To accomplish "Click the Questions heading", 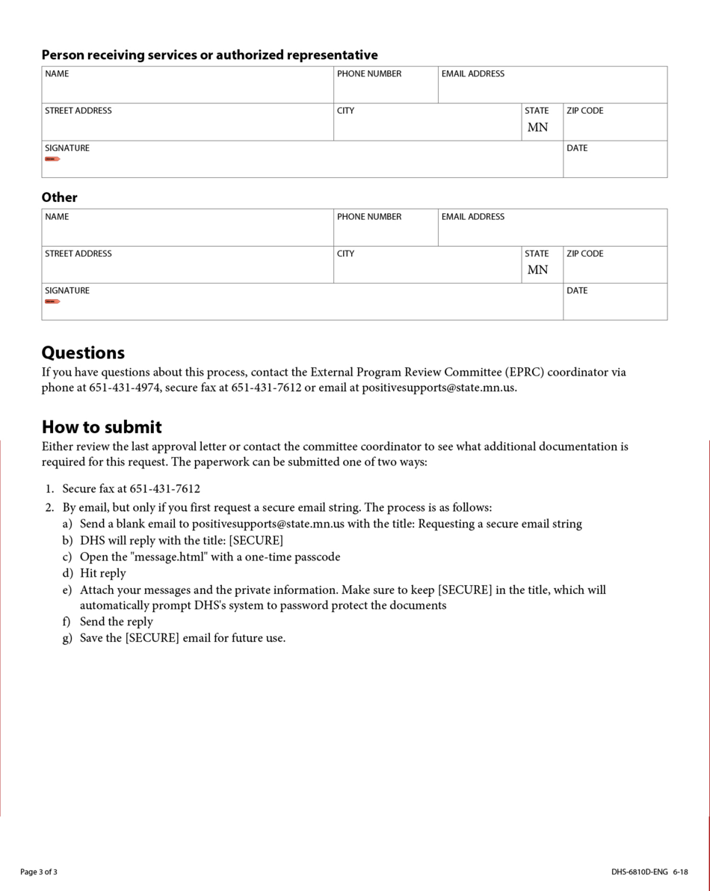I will (x=83, y=353).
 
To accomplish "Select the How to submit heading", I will (x=102, y=427).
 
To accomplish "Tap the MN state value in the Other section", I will (x=537, y=270).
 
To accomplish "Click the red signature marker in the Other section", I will (x=52, y=301).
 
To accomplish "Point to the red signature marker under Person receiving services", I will (x=52, y=159).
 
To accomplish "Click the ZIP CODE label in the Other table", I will (x=584, y=254).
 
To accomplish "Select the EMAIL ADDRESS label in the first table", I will (x=472, y=73).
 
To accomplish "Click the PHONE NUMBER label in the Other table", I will (x=368, y=216).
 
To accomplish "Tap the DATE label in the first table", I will (x=577, y=148).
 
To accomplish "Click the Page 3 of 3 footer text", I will (x=39, y=872).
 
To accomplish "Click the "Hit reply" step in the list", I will (x=102, y=573).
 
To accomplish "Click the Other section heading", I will (x=59, y=198).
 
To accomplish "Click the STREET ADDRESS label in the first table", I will (x=78, y=111).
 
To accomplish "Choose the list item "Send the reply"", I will (x=116, y=622).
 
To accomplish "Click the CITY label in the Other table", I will (x=345, y=254).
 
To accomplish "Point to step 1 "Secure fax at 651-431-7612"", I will (x=131, y=489).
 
